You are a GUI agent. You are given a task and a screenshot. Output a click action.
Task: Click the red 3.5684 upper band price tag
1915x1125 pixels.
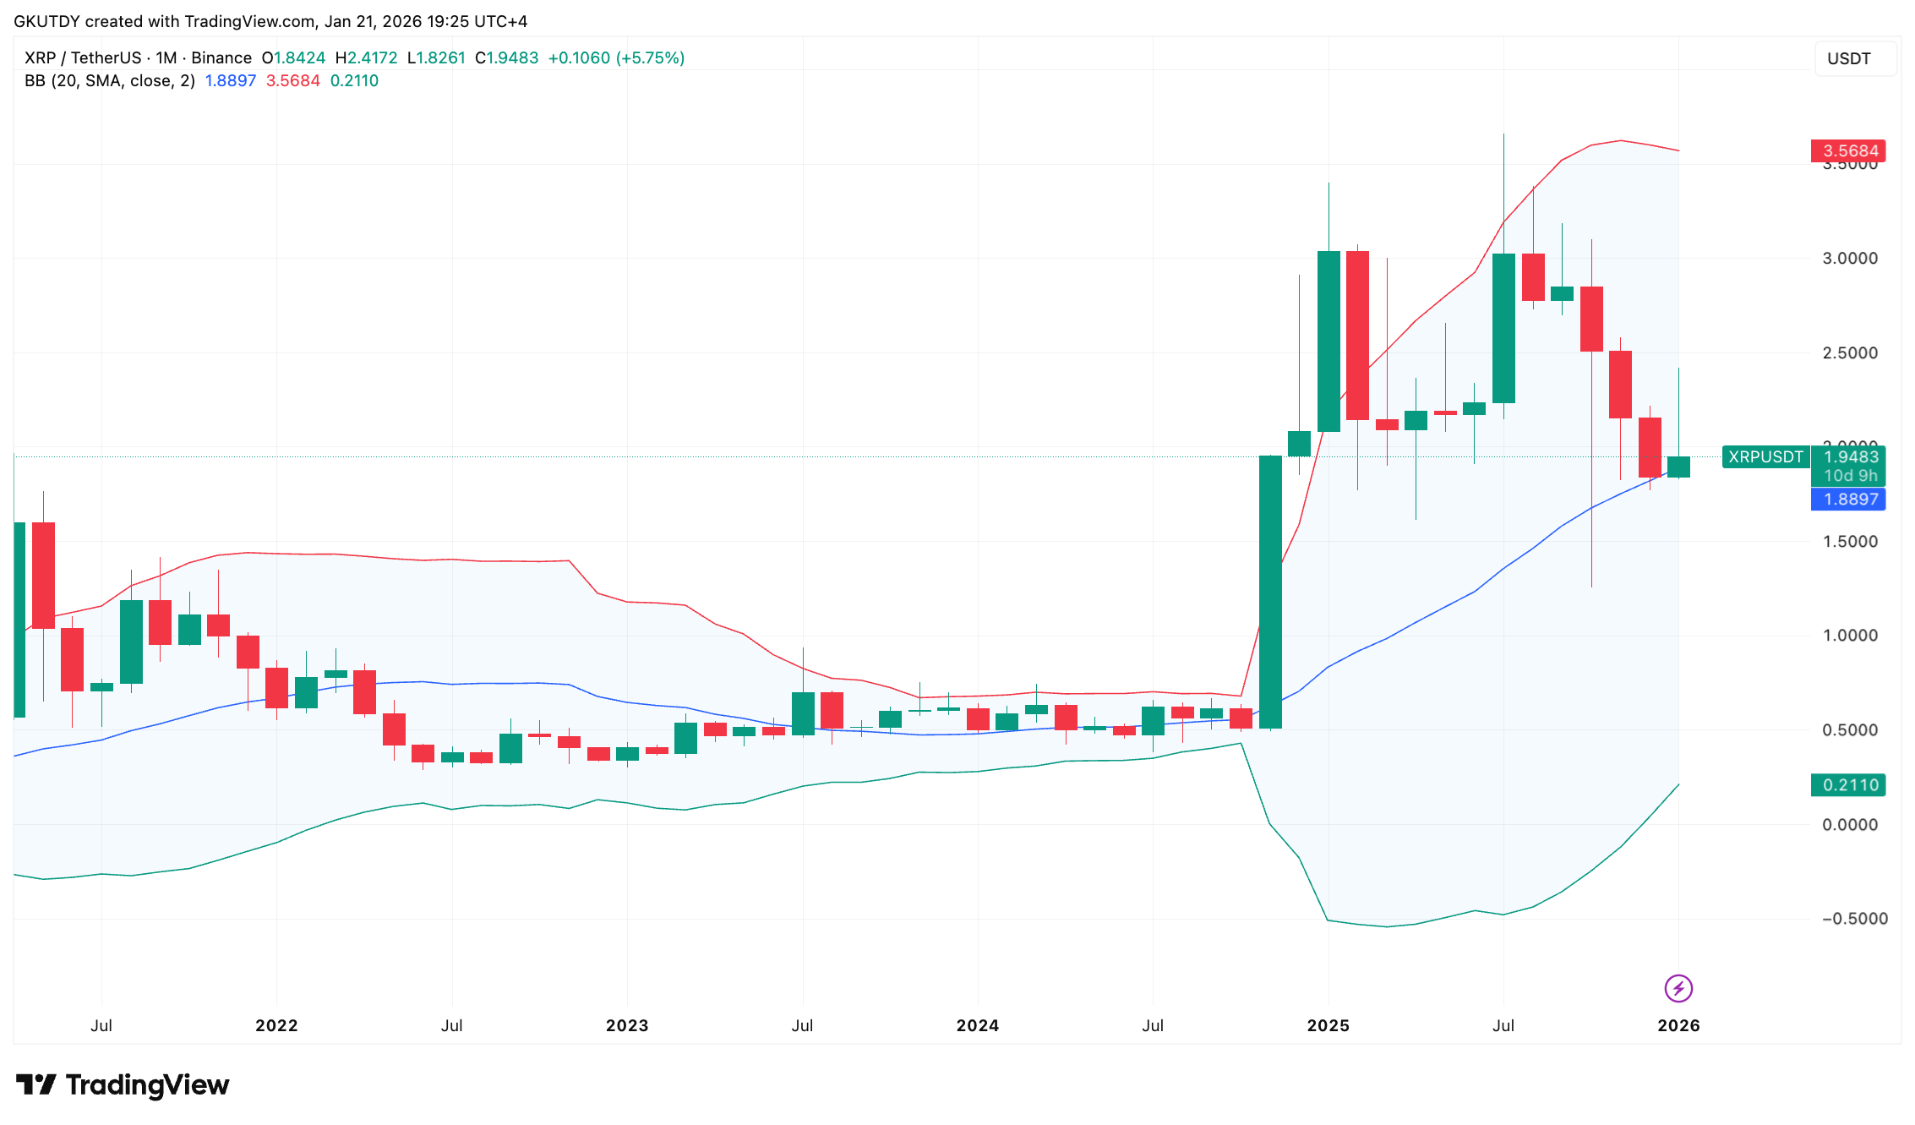[1848, 151]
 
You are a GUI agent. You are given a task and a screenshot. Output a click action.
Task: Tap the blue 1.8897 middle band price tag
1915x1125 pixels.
[1848, 500]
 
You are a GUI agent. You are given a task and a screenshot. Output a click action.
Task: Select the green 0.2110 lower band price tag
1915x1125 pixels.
[1848, 785]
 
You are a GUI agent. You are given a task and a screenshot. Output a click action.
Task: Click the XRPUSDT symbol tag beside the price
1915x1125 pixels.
[1765, 457]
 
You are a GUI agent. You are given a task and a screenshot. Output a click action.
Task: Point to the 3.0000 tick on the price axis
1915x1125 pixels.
[1850, 259]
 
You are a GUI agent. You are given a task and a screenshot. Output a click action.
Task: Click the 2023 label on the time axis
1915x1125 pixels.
[627, 1025]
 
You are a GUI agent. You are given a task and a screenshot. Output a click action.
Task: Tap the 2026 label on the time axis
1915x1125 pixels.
[1678, 1025]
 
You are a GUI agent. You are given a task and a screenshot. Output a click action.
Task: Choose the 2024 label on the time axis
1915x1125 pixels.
[978, 1025]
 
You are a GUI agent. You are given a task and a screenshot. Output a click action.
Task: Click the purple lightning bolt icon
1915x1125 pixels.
[1678, 988]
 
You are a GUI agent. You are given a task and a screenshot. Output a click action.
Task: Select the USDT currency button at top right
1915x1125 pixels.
[1849, 58]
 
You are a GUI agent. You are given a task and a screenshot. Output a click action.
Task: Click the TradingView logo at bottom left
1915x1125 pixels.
[123, 1084]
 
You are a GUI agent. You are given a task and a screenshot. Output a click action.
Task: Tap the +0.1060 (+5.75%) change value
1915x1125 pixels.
[616, 57]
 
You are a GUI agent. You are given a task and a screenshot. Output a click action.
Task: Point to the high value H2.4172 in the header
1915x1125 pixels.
[366, 57]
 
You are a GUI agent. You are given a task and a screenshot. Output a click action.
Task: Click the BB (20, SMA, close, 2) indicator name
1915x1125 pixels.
[110, 81]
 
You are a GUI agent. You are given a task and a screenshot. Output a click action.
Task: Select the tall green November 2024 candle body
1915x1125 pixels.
[1270, 592]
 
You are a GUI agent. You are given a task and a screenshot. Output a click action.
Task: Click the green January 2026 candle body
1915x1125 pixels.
[1678, 467]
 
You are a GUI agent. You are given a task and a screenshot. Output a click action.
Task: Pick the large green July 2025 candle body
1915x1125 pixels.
[1503, 328]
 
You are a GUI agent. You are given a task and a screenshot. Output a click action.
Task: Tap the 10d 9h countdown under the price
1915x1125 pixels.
[1850, 476]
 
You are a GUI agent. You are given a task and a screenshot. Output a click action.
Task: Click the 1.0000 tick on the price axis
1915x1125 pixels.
[1850, 636]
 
